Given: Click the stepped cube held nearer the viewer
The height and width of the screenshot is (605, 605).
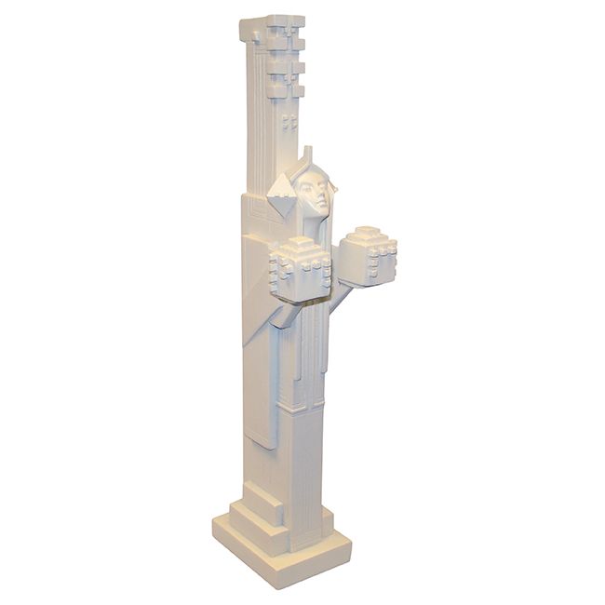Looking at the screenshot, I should [300, 270].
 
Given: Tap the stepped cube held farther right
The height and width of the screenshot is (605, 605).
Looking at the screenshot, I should [367, 255].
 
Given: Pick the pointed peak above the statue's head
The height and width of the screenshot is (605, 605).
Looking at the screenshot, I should [308, 153].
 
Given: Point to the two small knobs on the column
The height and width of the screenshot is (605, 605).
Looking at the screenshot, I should [289, 121].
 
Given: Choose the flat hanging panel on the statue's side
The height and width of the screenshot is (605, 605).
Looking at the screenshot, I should [261, 391].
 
